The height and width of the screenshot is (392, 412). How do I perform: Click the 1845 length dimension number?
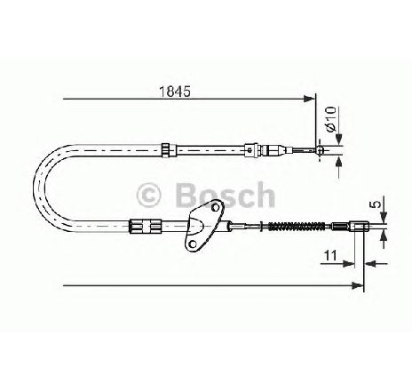click(x=175, y=92)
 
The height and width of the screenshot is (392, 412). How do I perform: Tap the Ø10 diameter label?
click(x=331, y=119)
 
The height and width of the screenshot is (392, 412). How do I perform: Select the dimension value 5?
click(x=376, y=204)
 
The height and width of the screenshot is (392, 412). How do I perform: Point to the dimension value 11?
click(x=330, y=255)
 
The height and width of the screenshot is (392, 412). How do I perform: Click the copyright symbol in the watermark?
click(x=148, y=196)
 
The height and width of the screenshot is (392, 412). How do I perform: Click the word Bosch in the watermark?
click(x=226, y=195)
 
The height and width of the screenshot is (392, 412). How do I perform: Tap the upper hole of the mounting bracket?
click(x=215, y=207)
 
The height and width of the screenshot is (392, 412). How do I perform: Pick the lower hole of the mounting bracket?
click(x=193, y=244)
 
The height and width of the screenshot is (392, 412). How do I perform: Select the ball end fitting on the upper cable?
click(x=320, y=150)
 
